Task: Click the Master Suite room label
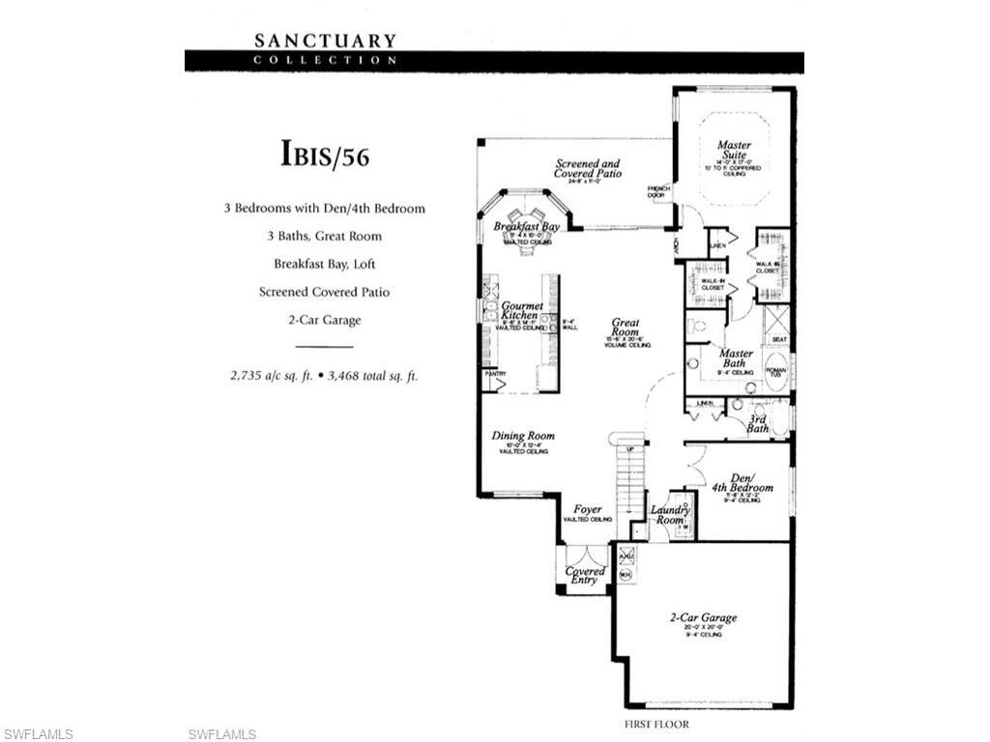[x=734, y=151]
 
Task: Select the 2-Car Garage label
[x=704, y=617]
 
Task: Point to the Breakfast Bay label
[x=527, y=227]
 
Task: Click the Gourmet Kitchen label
[x=521, y=310]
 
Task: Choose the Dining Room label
[x=523, y=436]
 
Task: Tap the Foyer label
[x=587, y=509]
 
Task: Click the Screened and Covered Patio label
[x=587, y=169]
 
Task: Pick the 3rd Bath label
[x=758, y=423]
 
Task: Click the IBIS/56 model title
[x=325, y=155]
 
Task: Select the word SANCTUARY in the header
[x=325, y=41]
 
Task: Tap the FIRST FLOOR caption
[x=658, y=724]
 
